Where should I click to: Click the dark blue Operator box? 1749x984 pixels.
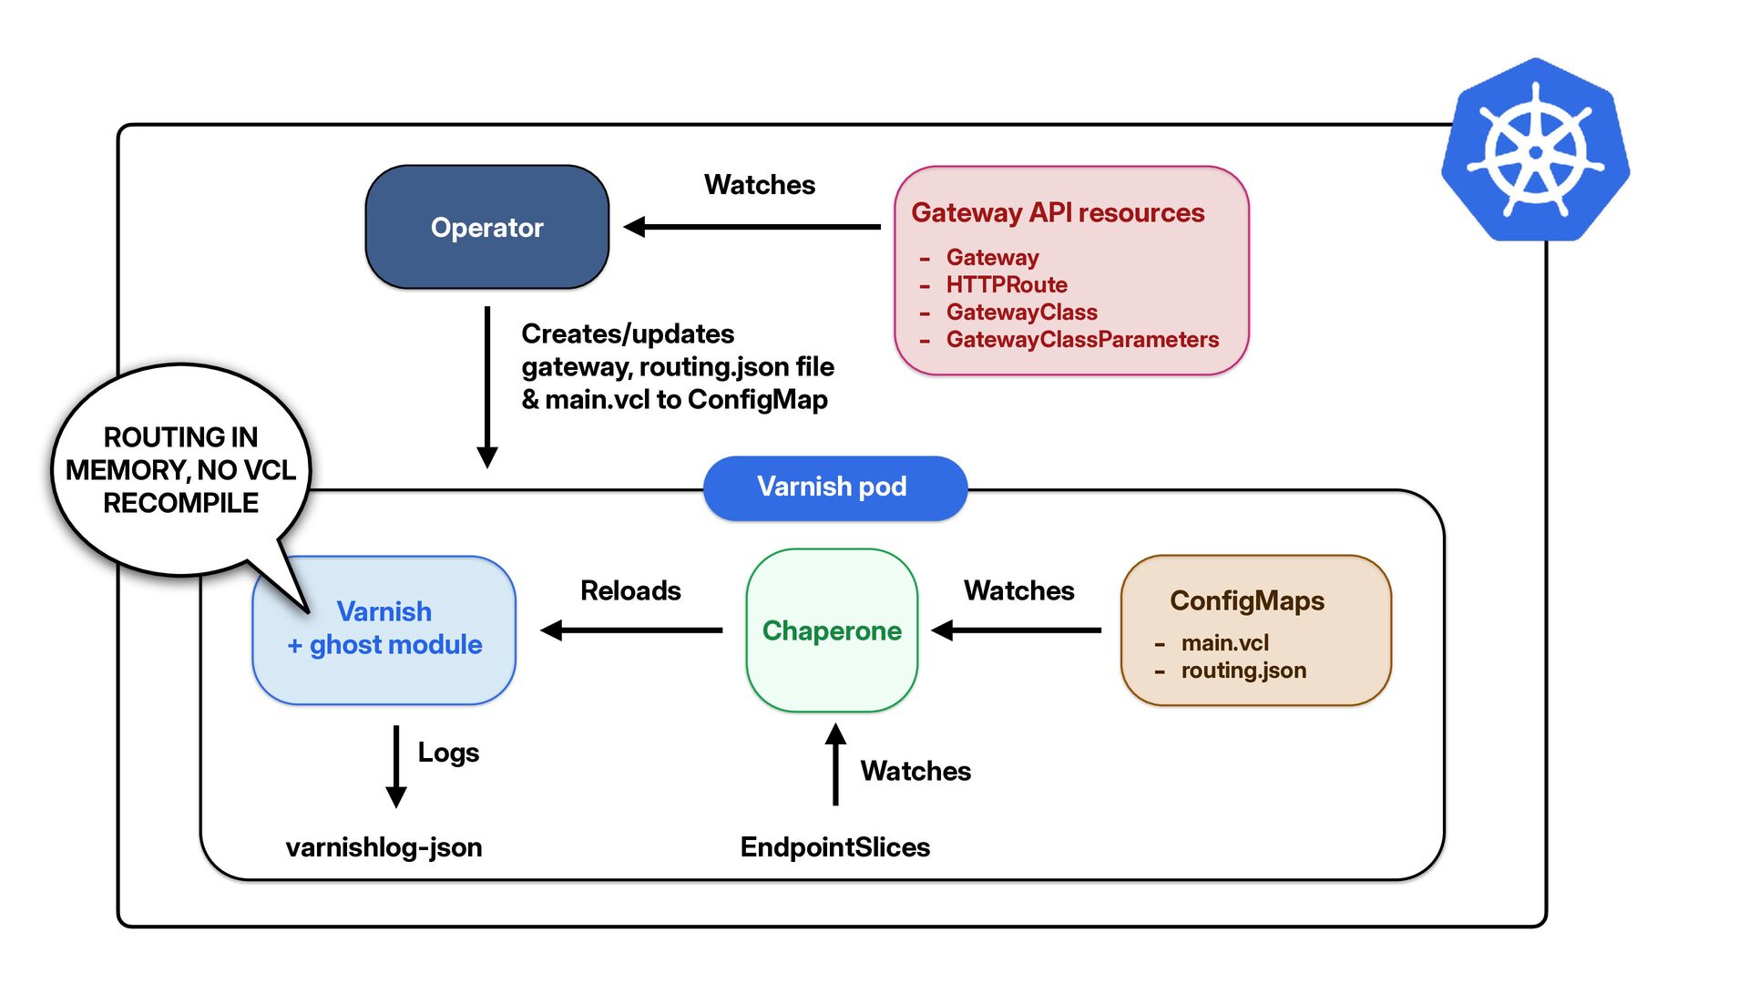487,227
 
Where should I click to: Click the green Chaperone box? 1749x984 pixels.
832,630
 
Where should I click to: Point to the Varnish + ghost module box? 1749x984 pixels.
384,630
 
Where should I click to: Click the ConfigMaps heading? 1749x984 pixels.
1247,600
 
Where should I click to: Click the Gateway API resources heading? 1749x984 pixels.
1058,212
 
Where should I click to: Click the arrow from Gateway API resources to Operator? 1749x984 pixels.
752,227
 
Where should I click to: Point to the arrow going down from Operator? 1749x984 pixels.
487,387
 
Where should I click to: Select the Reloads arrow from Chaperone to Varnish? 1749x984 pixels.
631,630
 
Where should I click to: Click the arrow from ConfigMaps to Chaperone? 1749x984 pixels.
1017,630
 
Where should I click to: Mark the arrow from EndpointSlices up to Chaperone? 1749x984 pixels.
835,764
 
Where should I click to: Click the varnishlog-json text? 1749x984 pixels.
384,847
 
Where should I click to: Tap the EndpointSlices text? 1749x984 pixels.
835,847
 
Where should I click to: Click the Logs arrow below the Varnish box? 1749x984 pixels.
396,767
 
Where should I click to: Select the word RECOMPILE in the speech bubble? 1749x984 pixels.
180,503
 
